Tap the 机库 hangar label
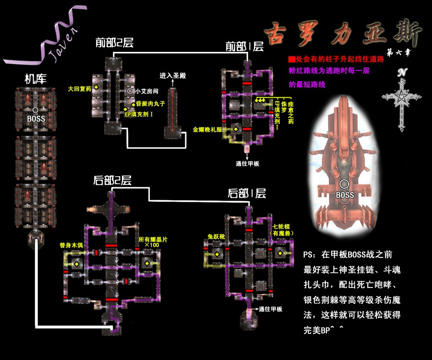36,79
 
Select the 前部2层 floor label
114,43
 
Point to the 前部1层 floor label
245,47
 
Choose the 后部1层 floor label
247,193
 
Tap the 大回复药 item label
80,88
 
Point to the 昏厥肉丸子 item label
150,104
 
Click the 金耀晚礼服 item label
207,129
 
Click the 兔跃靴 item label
216,237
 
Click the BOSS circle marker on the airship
344,184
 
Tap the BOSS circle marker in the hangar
36,110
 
